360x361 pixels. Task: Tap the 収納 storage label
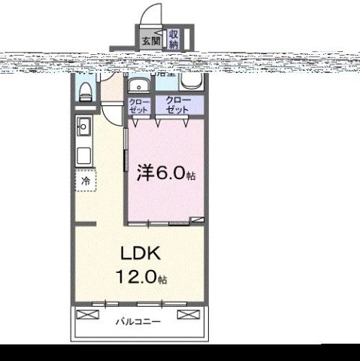[x=174, y=38]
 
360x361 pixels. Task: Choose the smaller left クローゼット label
[x=139, y=105]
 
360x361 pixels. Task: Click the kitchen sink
[x=83, y=127]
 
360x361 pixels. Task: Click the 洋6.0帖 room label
[x=165, y=174]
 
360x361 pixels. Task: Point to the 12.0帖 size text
[x=141, y=278]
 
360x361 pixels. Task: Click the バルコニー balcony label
[x=138, y=322]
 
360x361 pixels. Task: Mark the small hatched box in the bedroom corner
[x=197, y=220]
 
